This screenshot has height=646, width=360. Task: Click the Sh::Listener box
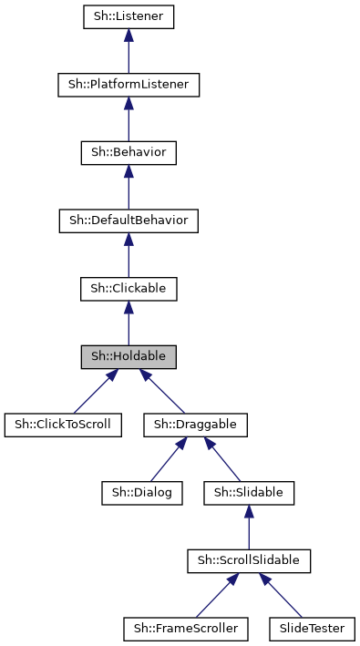pos(128,16)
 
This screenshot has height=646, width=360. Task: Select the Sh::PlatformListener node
pos(128,85)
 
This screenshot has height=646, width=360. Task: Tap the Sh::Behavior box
pos(128,152)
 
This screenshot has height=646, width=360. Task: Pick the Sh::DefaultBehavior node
pos(128,220)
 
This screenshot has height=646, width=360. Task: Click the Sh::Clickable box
pos(128,289)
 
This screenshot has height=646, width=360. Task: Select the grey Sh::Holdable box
pos(128,356)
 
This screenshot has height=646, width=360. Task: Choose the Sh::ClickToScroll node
pos(63,425)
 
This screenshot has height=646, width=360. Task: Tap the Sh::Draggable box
pos(195,425)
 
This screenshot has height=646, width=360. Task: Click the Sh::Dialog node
pos(142,493)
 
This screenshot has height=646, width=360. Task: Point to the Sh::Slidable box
pos(249,493)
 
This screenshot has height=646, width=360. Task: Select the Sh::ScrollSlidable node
pos(249,560)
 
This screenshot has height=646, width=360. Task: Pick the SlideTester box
pos(312,629)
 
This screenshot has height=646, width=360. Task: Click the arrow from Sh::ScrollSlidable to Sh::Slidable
pos(249,527)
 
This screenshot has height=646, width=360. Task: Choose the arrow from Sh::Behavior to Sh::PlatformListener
pos(128,118)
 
